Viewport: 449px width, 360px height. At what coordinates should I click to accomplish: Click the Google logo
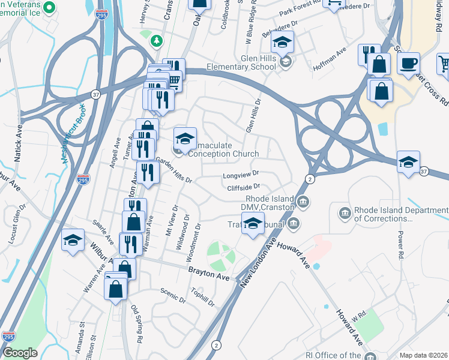coord(20,353)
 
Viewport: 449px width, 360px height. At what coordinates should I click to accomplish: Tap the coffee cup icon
coord(409,62)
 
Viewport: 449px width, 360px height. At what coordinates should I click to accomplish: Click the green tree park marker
coord(157,40)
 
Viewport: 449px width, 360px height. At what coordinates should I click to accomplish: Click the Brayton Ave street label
coord(209,278)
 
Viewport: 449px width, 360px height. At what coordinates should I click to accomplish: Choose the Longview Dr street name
coord(240,175)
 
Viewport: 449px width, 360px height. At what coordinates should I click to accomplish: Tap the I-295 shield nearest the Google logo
coord(8,337)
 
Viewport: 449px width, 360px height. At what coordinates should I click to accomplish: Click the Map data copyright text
coord(424,355)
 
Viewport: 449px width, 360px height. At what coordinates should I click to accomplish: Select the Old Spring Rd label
coord(137,325)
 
